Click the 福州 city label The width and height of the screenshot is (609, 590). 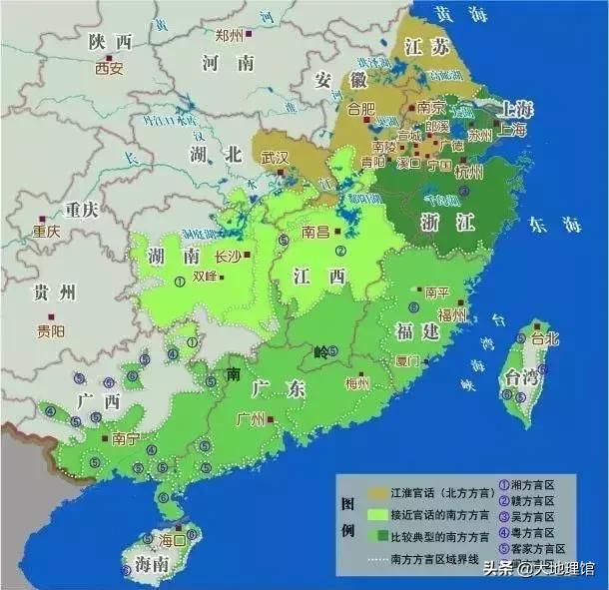pyautogui.click(x=451, y=315)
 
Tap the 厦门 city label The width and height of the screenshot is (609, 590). pyautogui.click(x=406, y=361)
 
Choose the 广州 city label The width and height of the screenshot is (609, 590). pyautogui.click(x=250, y=420)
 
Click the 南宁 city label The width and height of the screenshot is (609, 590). pyautogui.click(x=126, y=438)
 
